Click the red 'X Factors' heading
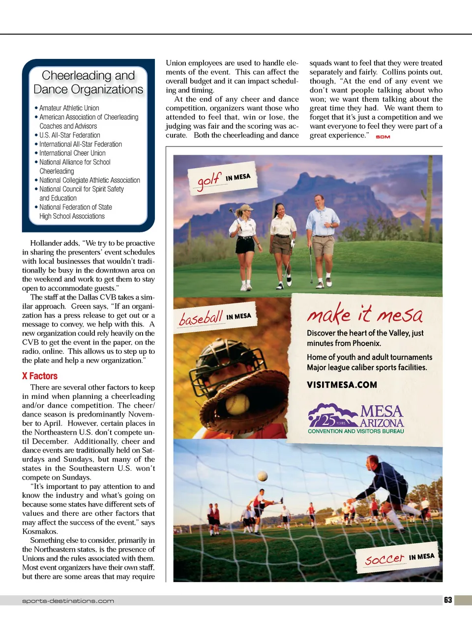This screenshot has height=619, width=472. click(x=40, y=376)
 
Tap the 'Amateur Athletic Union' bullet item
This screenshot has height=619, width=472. click(x=69, y=108)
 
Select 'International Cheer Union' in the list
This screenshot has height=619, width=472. click(x=72, y=153)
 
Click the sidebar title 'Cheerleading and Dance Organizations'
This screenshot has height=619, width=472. click(x=88, y=82)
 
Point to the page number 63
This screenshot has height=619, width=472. click(x=448, y=600)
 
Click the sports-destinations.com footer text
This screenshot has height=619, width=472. click(x=68, y=601)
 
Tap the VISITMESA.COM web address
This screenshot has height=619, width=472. click(x=342, y=385)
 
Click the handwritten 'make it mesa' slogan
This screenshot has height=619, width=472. click(x=364, y=313)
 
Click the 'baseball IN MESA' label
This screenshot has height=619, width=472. click(x=215, y=317)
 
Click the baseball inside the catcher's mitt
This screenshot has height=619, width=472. click(x=237, y=405)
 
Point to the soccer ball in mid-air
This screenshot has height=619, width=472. click(x=263, y=476)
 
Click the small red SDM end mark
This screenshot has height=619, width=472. click(x=383, y=137)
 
